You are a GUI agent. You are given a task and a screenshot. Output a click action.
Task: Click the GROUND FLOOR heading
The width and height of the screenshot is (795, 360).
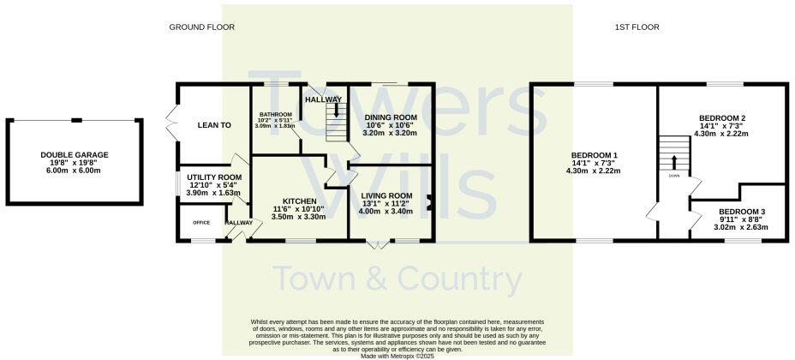click(201, 27)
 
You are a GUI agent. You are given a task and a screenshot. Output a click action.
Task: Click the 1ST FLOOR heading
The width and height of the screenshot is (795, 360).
click(637, 27)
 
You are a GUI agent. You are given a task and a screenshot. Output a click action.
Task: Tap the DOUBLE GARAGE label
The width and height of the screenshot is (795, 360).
click(75, 155)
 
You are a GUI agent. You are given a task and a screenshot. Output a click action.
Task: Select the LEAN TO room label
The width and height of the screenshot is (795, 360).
click(214, 125)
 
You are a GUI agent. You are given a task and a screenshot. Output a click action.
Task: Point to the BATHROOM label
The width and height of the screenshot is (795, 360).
click(277, 115)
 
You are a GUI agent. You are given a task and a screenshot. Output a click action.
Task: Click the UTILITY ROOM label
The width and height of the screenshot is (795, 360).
click(214, 177)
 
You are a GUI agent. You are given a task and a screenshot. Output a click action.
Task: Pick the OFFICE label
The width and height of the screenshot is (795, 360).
click(201, 223)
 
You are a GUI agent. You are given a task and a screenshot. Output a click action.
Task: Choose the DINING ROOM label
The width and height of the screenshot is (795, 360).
click(391, 117)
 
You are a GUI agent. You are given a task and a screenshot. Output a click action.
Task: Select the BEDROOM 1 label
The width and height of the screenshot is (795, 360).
click(593, 155)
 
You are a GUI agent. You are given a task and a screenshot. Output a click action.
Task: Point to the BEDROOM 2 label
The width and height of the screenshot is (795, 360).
click(722, 118)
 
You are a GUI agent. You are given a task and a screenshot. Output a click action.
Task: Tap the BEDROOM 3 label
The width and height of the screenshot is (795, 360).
click(742, 212)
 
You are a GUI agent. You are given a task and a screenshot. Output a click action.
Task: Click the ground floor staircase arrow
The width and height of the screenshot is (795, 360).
click(337, 111)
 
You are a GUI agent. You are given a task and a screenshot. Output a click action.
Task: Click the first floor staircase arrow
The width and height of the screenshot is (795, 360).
click(674, 160)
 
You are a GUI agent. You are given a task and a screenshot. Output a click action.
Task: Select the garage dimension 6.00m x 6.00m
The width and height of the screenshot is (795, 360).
click(75, 171)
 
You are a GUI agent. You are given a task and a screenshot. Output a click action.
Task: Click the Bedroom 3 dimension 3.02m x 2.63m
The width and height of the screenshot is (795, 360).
click(742, 227)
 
